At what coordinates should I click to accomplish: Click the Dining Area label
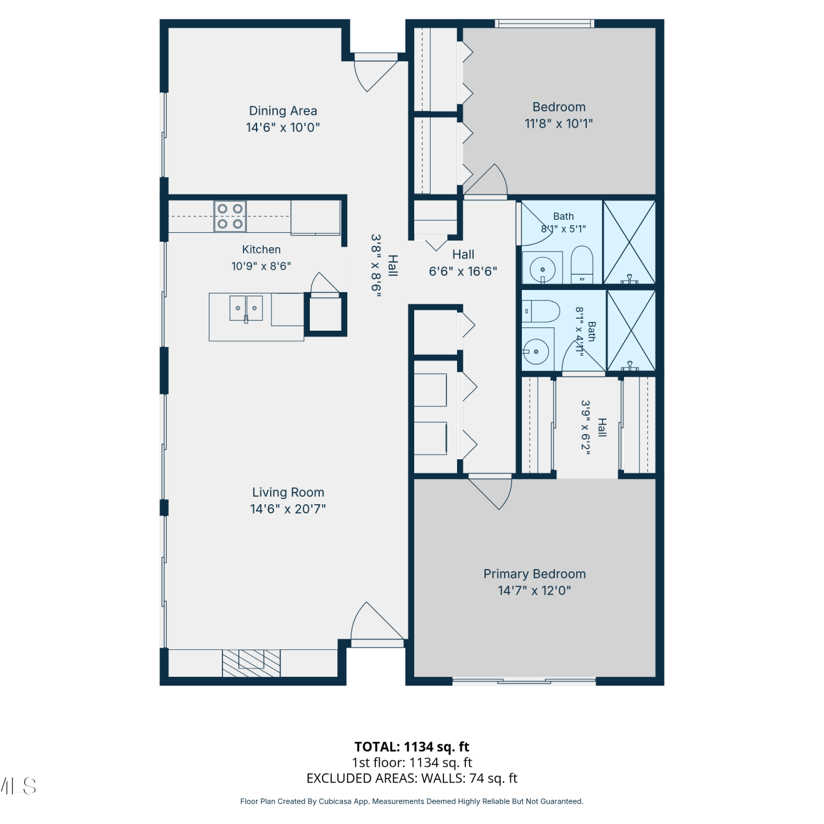click(x=283, y=111)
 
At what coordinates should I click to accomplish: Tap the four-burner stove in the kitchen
click(x=230, y=216)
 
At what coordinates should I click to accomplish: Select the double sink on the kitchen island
click(x=246, y=308)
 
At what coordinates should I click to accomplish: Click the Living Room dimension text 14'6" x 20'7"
click(x=288, y=509)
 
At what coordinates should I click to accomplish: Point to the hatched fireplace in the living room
click(x=251, y=663)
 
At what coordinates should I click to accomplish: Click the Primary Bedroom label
click(x=535, y=574)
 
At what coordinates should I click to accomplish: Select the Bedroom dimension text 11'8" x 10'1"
click(x=559, y=124)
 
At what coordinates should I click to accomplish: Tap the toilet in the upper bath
click(x=582, y=264)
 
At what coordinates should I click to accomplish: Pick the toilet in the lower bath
click(x=541, y=311)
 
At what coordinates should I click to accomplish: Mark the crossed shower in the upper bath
click(x=630, y=242)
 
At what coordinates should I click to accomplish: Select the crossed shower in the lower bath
click(x=631, y=330)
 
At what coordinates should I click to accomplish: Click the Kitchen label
click(x=261, y=249)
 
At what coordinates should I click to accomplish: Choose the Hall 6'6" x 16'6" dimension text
click(x=463, y=271)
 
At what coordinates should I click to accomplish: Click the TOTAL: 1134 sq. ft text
click(x=412, y=747)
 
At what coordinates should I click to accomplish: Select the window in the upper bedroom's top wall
click(x=544, y=24)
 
